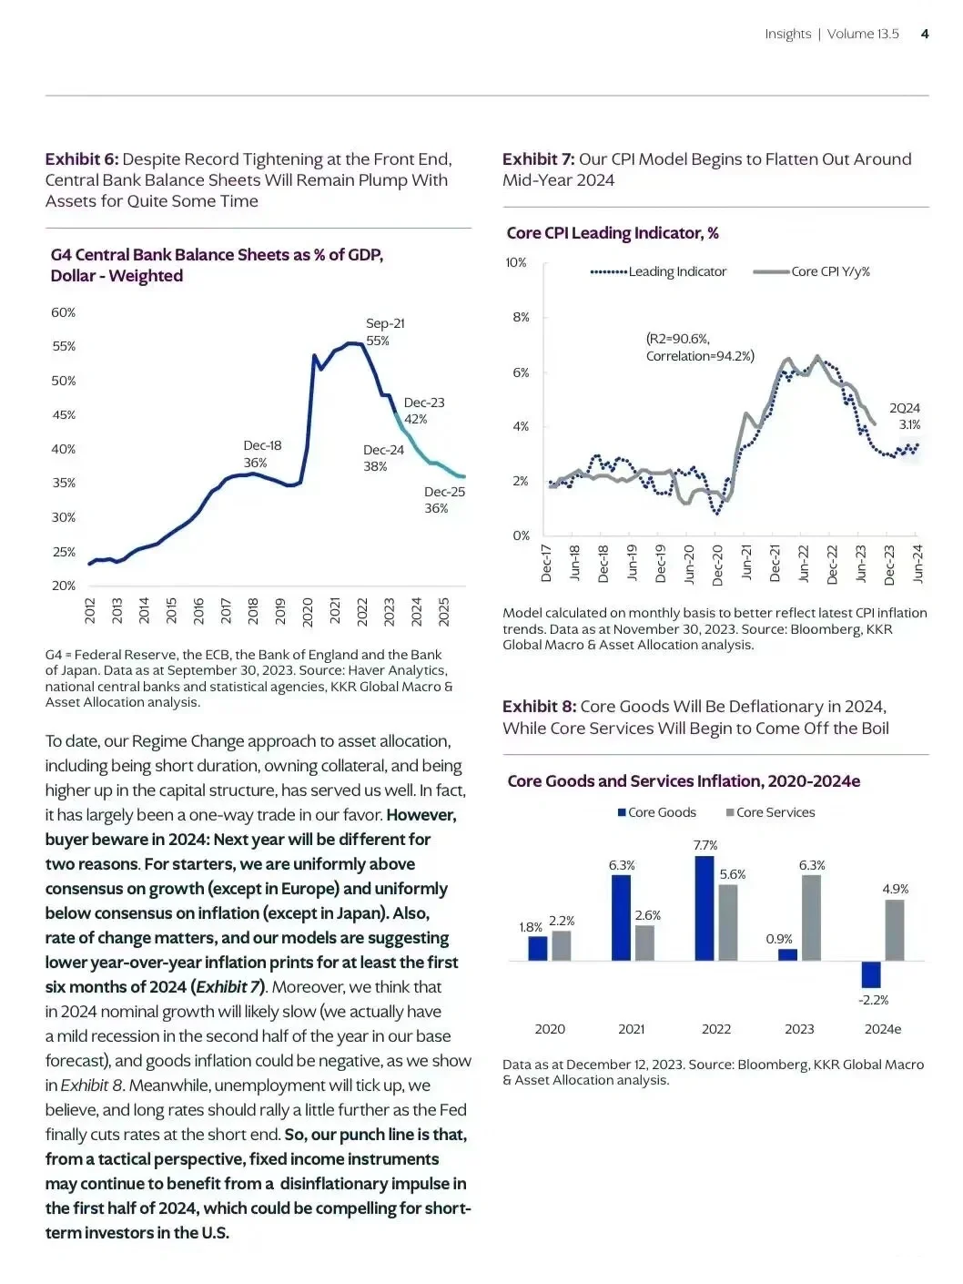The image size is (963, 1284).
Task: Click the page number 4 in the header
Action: tap(925, 34)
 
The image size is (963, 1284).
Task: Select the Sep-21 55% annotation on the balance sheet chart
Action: tap(385, 331)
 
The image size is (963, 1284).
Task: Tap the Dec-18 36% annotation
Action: tap(262, 453)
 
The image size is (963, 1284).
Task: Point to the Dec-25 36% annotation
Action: tap(444, 500)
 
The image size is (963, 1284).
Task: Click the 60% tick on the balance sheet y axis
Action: tap(63, 312)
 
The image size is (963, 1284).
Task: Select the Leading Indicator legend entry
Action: tap(658, 271)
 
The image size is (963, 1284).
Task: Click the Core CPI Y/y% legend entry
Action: tap(812, 271)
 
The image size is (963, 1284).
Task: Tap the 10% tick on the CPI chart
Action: tap(516, 262)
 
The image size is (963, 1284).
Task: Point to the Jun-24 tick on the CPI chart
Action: tap(917, 563)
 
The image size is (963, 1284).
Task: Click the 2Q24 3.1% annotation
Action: tap(906, 416)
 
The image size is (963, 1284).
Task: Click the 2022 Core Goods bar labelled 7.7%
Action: tap(705, 908)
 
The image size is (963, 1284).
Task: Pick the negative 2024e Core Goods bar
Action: tap(871, 974)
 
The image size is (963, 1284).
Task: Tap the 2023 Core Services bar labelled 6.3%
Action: tap(811, 917)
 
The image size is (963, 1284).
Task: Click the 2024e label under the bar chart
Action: tap(882, 1029)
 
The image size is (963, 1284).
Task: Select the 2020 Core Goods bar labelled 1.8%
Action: tap(538, 948)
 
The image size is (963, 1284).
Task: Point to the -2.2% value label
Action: tap(873, 1000)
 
